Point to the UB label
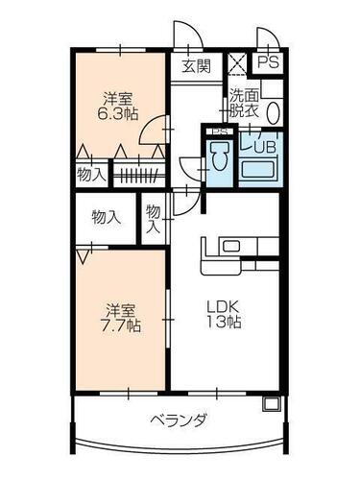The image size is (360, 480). pos(262,145)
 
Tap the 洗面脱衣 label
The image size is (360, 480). pos(243,103)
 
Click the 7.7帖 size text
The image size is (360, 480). pos(122,325)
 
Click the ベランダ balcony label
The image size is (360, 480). pos(179,420)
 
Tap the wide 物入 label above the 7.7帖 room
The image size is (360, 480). pos(107,217)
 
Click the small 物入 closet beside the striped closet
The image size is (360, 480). pos(91,175)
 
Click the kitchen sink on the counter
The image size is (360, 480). pos(231,246)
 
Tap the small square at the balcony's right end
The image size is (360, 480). pos(270,403)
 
